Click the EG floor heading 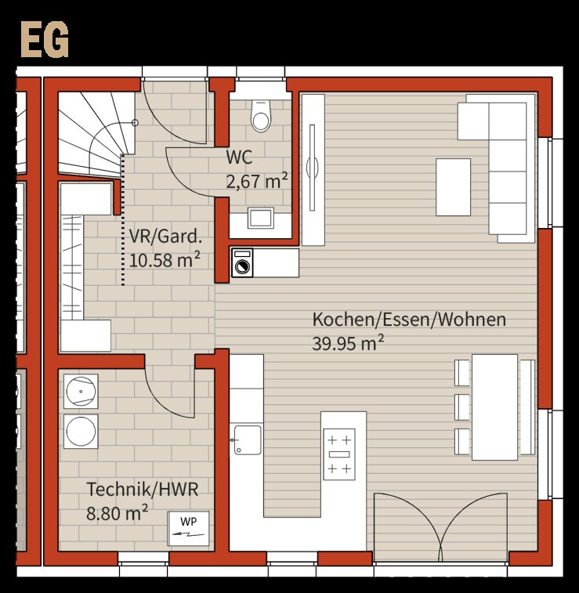pos(45,39)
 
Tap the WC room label pos(239,157)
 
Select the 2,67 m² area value pos(257,181)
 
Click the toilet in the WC pos(261,116)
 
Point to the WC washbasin pos(261,218)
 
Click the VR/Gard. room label pos(165,237)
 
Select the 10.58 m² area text pos(165,260)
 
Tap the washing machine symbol pos(242,263)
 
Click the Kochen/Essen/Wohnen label pos(409,320)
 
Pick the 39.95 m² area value pos(348,343)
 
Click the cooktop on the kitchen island pos(339,454)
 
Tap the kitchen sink pos(248,439)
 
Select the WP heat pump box pos(188,529)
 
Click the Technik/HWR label pos(143,490)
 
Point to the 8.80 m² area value pos(118,513)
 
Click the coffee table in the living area pos(453,187)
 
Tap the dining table pos(494,407)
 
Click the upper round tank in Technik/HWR pos(81,391)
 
